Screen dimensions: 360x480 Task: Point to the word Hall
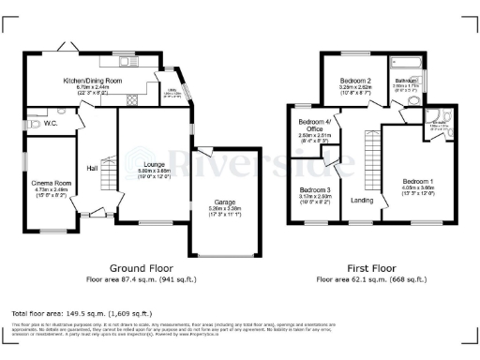tap(93, 168)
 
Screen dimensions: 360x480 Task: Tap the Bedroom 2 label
tap(355, 82)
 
